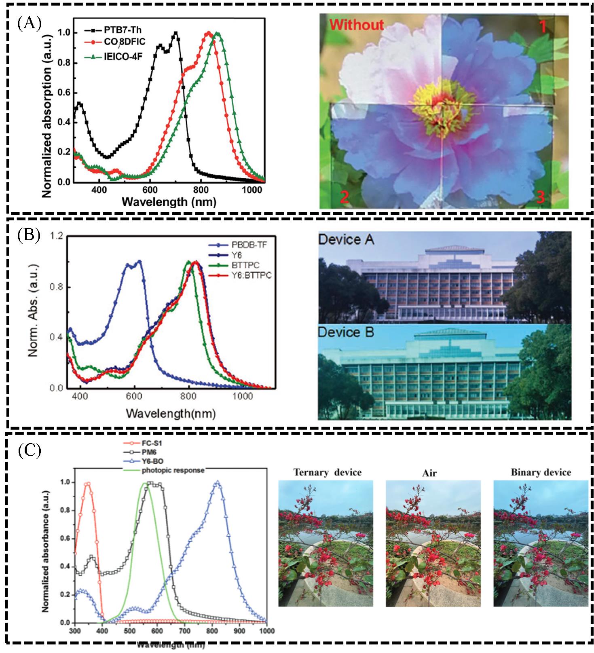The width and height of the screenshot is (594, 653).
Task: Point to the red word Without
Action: click(x=356, y=25)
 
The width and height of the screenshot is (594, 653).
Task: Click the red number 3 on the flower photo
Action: click(x=540, y=197)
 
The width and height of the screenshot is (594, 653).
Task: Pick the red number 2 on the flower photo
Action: click(x=344, y=197)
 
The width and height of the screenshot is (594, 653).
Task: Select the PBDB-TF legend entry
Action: click(x=249, y=245)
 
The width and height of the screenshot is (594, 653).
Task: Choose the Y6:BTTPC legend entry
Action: click(x=251, y=275)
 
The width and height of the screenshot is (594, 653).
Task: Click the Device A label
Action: click(x=346, y=239)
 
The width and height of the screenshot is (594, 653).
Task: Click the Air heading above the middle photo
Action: click(x=429, y=473)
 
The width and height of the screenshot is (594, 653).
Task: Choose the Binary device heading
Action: click(x=541, y=472)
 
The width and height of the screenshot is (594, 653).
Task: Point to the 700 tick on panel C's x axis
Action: click(x=184, y=631)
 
